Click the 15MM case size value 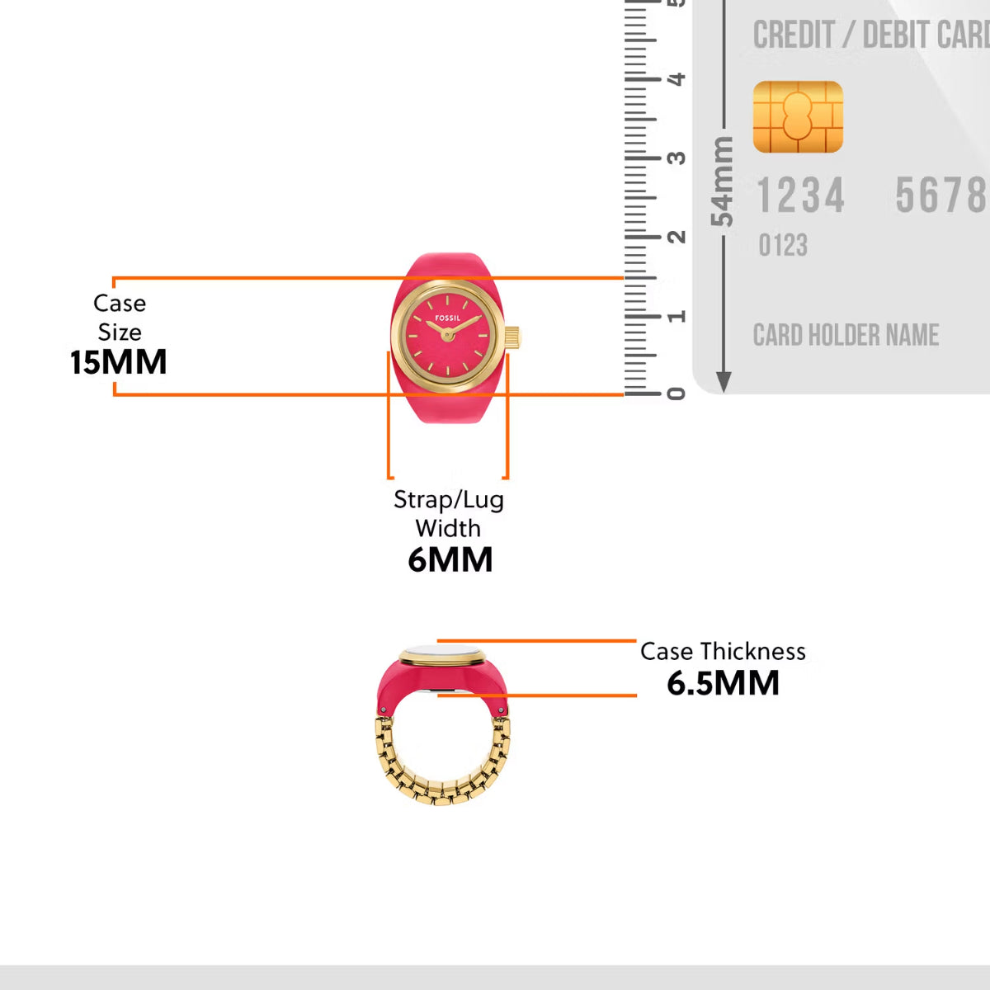pyautogui.click(x=118, y=362)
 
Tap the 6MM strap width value pyautogui.click(x=450, y=559)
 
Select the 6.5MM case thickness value pyautogui.click(x=723, y=683)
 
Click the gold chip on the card pyautogui.click(x=798, y=117)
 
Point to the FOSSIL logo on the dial pyautogui.click(x=448, y=318)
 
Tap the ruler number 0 pyautogui.click(x=676, y=394)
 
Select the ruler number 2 pyautogui.click(x=676, y=237)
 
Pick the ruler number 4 pyautogui.click(x=676, y=79)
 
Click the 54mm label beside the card pyautogui.click(x=722, y=181)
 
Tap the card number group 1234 pyautogui.click(x=800, y=196)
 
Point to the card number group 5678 pyautogui.click(x=940, y=196)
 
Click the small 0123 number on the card pyautogui.click(x=783, y=245)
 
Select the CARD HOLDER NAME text pyautogui.click(x=846, y=335)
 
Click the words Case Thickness pyautogui.click(x=723, y=651)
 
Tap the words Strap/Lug pyautogui.click(x=448, y=499)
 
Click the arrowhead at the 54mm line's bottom pyautogui.click(x=724, y=382)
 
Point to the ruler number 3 pyautogui.click(x=676, y=158)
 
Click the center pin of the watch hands pyautogui.click(x=447, y=334)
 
